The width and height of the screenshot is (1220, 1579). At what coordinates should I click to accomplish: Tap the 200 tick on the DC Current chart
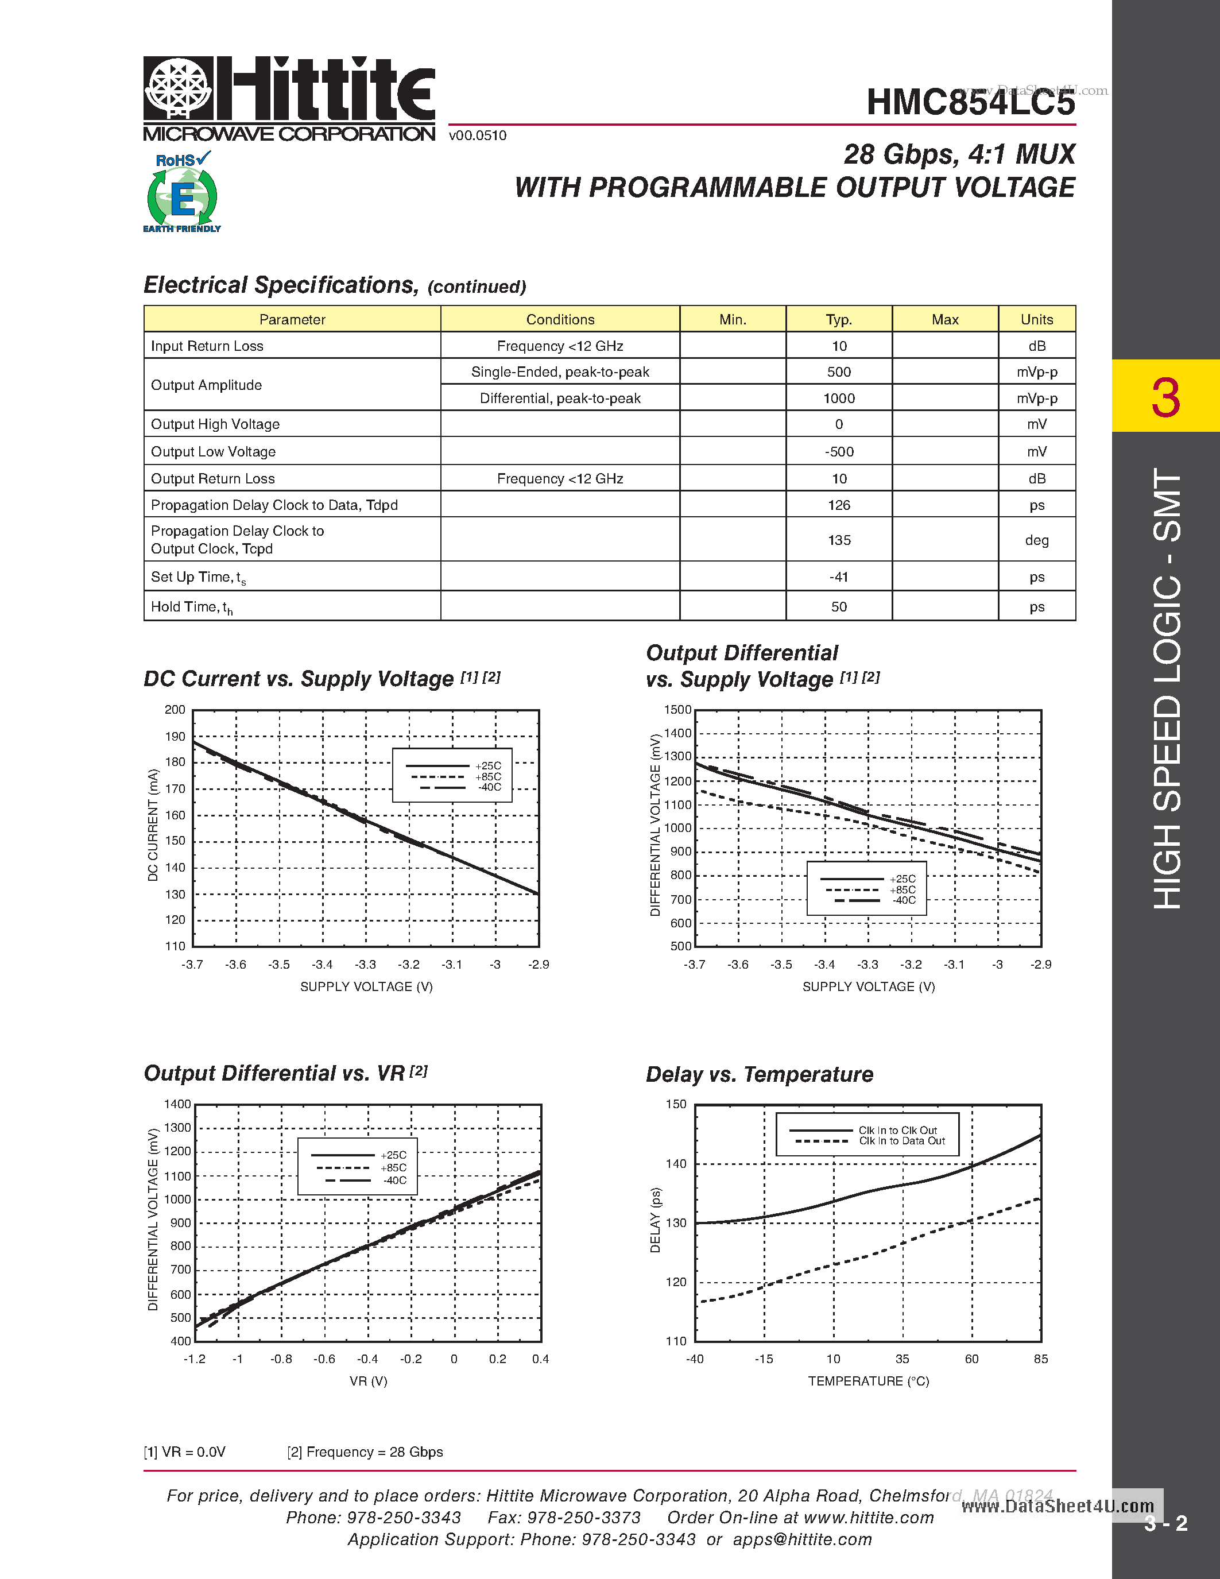[x=175, y=710]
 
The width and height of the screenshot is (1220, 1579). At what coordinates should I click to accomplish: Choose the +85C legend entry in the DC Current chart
[x=488, y=776]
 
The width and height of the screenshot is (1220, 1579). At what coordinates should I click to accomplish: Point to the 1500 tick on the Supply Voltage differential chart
[x=678, y=710]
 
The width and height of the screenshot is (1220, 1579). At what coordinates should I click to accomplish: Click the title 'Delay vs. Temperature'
[x=759, y=1074]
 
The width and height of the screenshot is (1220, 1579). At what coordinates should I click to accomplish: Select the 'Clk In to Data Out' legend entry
[x=901, y=1141]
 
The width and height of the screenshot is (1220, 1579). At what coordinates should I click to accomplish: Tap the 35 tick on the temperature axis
[x=902, y=1359]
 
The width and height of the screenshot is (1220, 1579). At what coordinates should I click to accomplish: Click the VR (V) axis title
[x=369, y=1381]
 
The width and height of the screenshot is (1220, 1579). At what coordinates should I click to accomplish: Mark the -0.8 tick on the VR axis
[x=281, y=1359]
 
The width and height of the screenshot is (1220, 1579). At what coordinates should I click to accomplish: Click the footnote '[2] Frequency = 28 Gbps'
[x=365, y=1452]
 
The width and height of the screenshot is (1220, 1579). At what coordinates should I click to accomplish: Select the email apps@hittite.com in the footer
[x=802, y=1540]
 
